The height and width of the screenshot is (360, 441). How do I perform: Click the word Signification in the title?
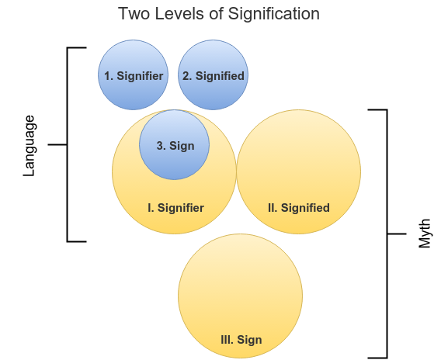[x=273, y=14]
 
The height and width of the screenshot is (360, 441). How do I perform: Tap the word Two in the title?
[x=134, y=13]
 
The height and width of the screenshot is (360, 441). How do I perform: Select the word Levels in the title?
[x=180, y=13]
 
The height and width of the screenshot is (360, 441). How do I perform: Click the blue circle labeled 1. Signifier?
[x=133, y=74]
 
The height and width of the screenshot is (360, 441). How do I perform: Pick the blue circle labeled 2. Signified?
[x=213, y=74]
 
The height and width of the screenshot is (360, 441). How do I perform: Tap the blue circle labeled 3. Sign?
[x=175, y=145]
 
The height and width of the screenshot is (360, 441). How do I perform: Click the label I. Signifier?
[x=175, y=208]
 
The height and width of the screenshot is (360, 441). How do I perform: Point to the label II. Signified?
[x=299, y=208]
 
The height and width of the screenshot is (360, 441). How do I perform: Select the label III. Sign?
[x=241, y=340]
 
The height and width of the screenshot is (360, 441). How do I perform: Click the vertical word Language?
[x=30, y=146]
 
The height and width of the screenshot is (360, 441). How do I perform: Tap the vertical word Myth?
[x=425, y=234]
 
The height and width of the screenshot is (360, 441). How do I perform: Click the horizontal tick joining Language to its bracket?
[x=57, y=145]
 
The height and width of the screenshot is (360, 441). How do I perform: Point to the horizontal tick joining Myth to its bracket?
[x=397, y=234]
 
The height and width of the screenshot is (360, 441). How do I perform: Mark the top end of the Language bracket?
[x=86, y=48]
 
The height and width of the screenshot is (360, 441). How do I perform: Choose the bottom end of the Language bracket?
[x=86, y=241]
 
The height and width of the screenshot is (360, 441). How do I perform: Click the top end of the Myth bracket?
[x=368, y=109]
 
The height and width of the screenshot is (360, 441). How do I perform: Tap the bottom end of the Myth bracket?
[x=368, y=358]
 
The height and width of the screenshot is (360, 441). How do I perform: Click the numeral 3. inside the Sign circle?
[x=160, y=146]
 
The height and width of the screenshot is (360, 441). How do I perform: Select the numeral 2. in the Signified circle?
[x=187, y=76]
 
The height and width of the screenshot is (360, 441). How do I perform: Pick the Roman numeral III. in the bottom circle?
[x=227, y=340]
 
